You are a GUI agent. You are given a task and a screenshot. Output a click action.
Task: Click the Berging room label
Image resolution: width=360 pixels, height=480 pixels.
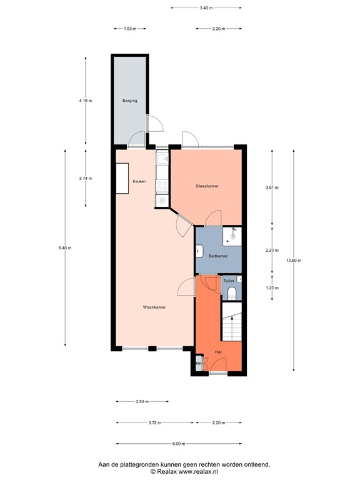point(129,101)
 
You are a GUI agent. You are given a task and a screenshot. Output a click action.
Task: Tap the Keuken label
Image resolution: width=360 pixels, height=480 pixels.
point(139,181)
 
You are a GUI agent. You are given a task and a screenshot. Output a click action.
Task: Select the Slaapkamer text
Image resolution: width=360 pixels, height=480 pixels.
point(207,186)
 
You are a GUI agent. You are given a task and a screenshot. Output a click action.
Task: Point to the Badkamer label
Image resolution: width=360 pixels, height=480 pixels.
point(217,256)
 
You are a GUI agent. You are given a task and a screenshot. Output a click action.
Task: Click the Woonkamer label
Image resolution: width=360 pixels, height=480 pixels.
point(154,307)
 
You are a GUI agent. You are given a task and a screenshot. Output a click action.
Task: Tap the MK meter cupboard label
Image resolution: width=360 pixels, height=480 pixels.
point(198,364)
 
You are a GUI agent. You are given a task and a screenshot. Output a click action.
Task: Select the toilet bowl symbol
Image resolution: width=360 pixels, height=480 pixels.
point(231,292)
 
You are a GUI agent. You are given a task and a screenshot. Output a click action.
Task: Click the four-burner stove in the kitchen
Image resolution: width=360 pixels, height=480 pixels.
point(162,185)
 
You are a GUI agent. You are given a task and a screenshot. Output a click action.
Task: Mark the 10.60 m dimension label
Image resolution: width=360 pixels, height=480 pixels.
point(293,261)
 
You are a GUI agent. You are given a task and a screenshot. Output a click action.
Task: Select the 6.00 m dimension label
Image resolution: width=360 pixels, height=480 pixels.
point(179,444)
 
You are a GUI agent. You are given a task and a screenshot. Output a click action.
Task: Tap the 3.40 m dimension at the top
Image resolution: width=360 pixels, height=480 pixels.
point(206,8)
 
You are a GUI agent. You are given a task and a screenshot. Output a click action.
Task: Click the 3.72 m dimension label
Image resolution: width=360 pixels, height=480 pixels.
point(154,423)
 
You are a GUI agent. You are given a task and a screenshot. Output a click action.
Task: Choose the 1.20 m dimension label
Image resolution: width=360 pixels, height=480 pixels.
point(272,288)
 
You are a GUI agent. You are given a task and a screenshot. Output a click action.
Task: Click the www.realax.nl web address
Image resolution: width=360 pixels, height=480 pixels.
point(202,472)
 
